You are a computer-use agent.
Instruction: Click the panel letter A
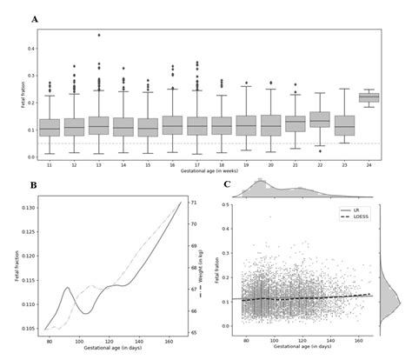coord(34,19)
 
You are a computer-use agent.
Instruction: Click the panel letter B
coord(33,185)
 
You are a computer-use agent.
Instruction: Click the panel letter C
coord(228,184)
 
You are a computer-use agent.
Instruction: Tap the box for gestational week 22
coord(319,118)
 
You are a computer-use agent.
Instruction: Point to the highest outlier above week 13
coord(98,36)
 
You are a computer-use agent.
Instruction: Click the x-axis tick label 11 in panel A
coord(50,163)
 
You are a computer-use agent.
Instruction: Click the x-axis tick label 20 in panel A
coord(270,163)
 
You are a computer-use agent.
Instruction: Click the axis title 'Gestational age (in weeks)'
coord(208,171)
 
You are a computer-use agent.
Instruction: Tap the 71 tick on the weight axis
coord(192,203)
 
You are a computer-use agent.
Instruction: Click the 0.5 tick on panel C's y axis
coord(227,205)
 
